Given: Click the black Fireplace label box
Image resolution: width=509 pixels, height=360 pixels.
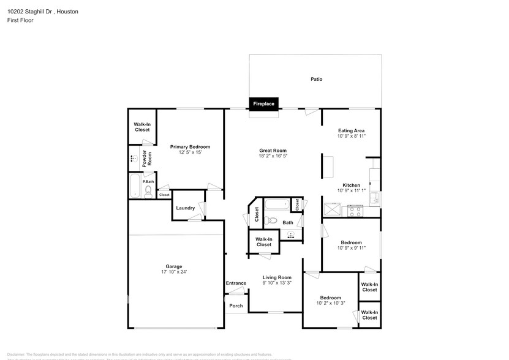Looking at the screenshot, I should click(x=264, y=104).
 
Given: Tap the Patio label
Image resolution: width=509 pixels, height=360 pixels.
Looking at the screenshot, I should click(x=316, y=79).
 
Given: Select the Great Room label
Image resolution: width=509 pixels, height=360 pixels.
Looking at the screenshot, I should click(x=273, y=151).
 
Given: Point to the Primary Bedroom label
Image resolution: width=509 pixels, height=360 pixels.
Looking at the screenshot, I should click(x=190, y=147).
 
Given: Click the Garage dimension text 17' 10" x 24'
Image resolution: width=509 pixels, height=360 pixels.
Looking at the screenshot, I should click(x=173, y=272).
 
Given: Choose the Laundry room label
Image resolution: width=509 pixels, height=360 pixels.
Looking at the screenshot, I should click(x=185, y=208).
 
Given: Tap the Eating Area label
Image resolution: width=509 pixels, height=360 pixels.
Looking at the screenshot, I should click(x=352, y=130).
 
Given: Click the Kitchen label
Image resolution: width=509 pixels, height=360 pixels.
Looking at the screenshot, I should click(x=351, y=185).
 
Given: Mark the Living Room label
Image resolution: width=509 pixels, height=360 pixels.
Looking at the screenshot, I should click(x=277, y=277).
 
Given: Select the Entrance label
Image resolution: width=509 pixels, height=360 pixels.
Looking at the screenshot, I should click(x=236, y=283).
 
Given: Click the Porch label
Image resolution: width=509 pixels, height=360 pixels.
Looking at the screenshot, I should click(x=236, y=306).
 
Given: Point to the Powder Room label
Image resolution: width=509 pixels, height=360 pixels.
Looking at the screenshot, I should click(x=145, y=159).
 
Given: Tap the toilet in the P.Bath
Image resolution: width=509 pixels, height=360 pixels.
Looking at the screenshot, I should click(x=148, y=192).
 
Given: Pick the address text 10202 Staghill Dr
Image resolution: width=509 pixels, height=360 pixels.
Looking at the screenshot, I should click(x=31, y=12).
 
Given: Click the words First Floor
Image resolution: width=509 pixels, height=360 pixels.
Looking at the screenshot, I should click(x=21, y=20).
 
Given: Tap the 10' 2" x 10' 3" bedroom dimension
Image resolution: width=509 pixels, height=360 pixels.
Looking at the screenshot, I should click(x=331, y=303).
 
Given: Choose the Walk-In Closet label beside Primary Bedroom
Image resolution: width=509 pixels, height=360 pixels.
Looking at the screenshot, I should click(x=142, y=127).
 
